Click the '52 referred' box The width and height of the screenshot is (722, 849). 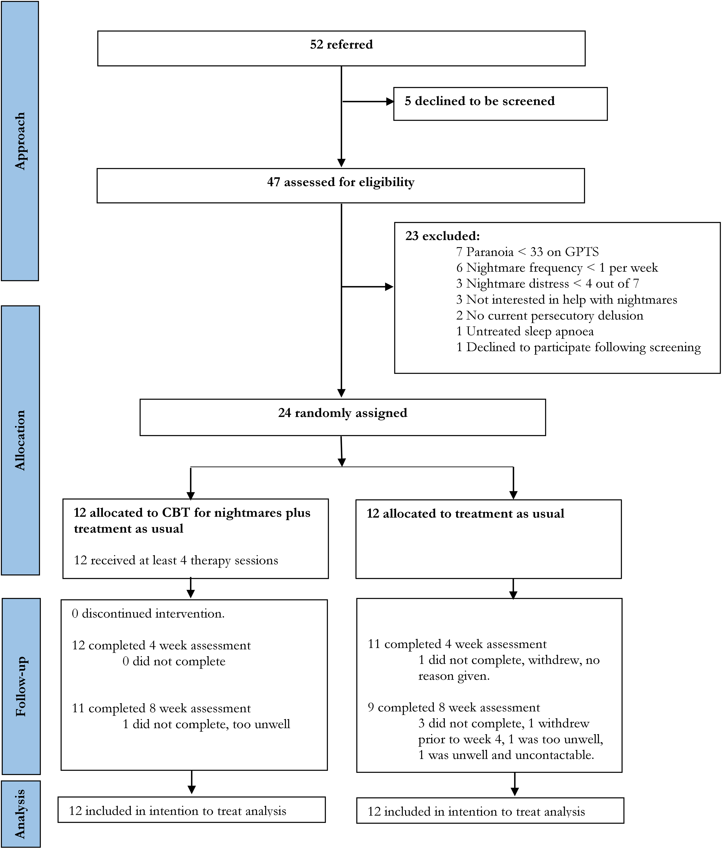pos(341,48)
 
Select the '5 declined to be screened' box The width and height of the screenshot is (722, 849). pos(500,104)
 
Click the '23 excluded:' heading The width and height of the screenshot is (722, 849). pos(442,236)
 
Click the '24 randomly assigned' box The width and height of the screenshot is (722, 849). pos(343,417)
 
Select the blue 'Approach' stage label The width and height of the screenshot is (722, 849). pos(20,141)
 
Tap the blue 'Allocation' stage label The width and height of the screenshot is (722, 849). pos(21,440)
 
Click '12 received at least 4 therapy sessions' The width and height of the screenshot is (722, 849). pos(176,561)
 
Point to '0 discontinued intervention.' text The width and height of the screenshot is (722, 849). pos(148,614)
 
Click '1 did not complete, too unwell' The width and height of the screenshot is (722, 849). pos(206,724)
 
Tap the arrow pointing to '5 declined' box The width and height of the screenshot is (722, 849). pos(368,101)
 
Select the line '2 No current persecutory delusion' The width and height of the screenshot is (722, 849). pos(550,315)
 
